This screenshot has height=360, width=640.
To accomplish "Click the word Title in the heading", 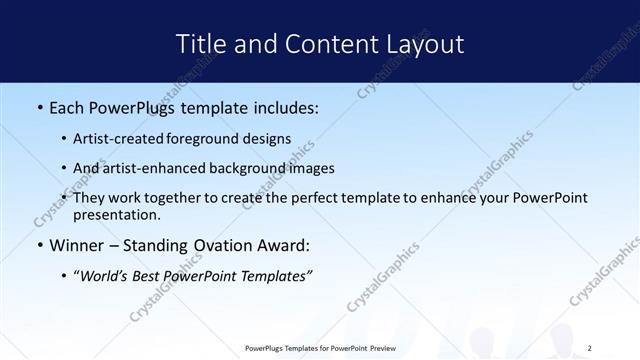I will coord(200,44).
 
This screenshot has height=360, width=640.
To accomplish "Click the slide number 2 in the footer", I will coord(590,348).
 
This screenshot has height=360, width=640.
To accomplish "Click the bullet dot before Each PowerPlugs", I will coord(39,107).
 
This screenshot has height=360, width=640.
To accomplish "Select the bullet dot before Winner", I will coord(39,245).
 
